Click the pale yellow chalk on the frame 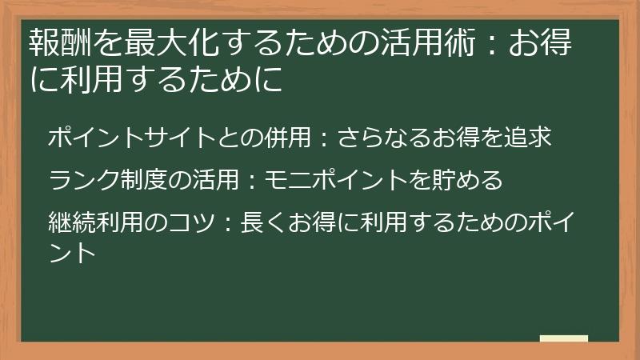pyautogui.click(x=563, y=339)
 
